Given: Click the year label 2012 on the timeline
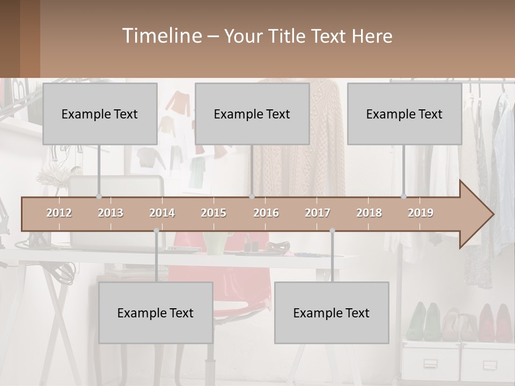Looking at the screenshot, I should point(59,213).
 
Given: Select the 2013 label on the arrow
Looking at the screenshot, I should point(111,213).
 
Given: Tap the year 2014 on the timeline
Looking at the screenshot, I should point(162,213).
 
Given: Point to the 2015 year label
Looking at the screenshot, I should point(214,213).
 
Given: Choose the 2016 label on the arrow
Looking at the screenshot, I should point(266,213).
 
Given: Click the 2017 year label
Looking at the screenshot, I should point(318,213).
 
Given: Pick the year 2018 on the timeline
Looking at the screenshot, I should point(369,213).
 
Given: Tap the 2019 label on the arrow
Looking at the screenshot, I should point(421,213).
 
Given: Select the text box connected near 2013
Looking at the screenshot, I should point(100,114).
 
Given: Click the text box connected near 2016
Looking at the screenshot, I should point(252,114).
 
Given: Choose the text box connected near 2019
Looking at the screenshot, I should point(404,114).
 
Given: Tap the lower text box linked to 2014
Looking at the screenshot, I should point(156,313).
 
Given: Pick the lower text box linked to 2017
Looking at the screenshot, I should point(332,313).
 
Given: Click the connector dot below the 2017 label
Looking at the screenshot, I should point(332,231).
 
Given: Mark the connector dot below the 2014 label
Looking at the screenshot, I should point(156,231).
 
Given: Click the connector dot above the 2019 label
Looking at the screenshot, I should point(404,196).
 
